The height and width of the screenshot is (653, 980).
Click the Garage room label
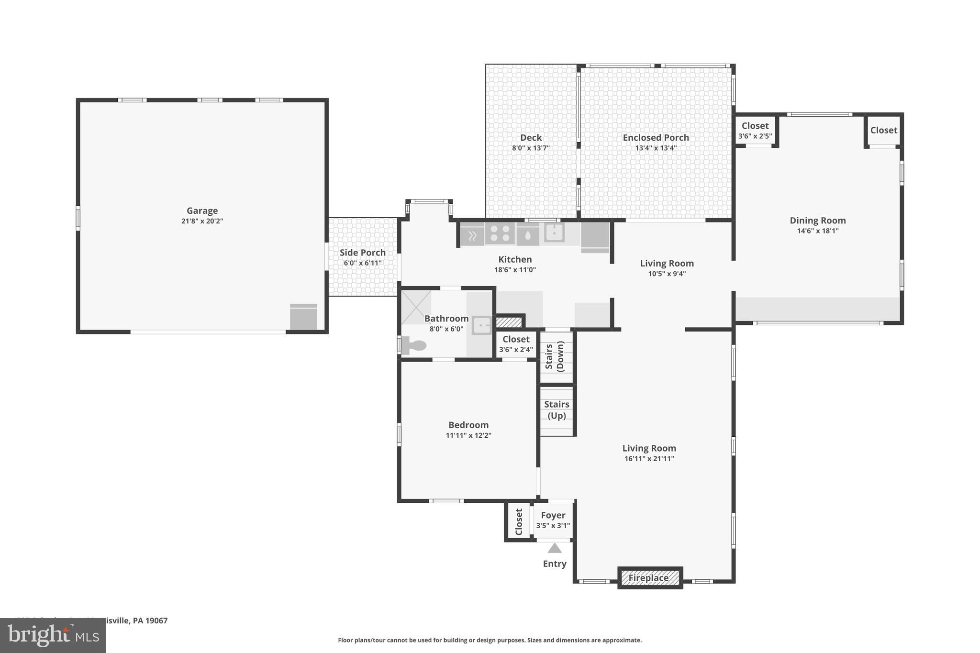(202, 210)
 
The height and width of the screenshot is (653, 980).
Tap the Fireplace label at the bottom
(648, 578)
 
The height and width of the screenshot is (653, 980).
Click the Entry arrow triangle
(555, 548)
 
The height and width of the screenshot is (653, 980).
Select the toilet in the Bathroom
(414, 345)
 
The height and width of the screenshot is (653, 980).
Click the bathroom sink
(481, 326)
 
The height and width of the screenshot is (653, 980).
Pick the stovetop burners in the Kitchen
(500, 234)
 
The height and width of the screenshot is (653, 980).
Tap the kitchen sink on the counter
(554, 233)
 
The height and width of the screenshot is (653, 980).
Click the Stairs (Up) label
(557, 410)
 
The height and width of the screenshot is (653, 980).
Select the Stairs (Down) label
(555, 357)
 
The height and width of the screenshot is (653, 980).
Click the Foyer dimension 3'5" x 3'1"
(553, 526)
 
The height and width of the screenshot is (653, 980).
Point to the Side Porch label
(363, 253)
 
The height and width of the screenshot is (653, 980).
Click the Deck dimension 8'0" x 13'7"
(531, 148)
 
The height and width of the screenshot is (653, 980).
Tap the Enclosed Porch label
(656, 138)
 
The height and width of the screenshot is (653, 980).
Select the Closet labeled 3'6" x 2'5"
(755, 126)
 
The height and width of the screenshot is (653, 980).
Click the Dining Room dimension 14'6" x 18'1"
(817, 231)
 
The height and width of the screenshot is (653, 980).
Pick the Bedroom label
(468, 425)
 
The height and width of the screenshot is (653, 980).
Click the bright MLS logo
(53, 635)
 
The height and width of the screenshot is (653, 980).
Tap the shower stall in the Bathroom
(415, 307)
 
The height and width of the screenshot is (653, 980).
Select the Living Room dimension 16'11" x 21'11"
(649, 459)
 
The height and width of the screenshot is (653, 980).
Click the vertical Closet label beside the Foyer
(519, 522)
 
